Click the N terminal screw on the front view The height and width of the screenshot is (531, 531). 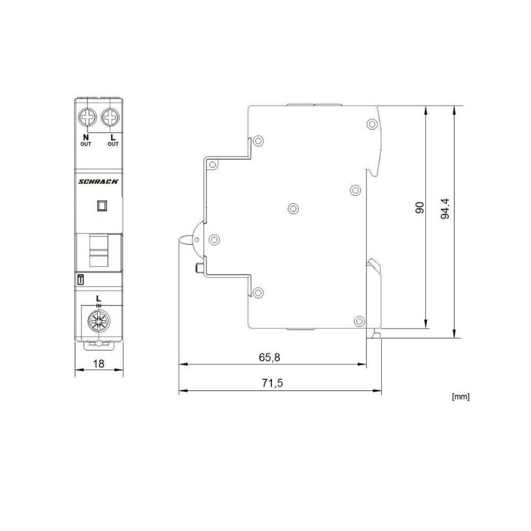tap(87, 116)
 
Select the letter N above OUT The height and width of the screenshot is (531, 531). tap(86, 138)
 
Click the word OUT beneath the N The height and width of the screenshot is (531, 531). tap(86, 144)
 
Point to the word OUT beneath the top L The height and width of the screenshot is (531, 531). tap(113, 144)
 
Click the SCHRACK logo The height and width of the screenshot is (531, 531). tap(99, 182)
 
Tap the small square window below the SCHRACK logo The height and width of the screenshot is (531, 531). tap(102, 205)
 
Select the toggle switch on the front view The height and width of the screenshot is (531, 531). tap(99, 252)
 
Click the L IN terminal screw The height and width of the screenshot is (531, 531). tap(99, 321)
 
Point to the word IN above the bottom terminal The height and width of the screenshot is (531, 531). tap(99, 304)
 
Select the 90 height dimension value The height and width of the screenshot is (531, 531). tap(419, 207)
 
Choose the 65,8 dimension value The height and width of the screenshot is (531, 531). tap(269, 357)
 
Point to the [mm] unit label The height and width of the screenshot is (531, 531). tap(460, 396)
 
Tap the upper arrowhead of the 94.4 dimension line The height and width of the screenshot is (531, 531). tap(454, 110)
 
